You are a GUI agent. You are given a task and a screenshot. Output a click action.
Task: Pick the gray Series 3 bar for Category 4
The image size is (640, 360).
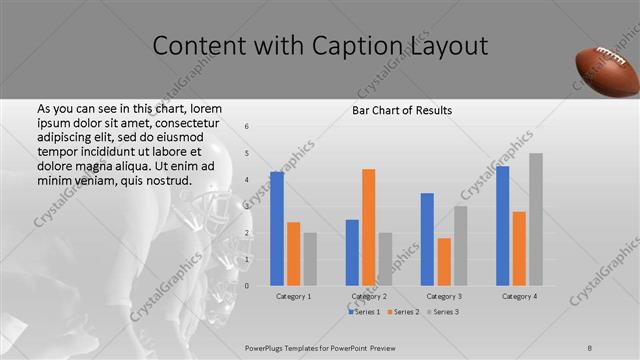536,219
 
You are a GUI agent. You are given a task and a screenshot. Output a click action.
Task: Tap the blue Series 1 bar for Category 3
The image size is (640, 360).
427,239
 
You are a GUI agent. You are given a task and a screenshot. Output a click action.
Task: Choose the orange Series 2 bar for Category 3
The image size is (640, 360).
444,261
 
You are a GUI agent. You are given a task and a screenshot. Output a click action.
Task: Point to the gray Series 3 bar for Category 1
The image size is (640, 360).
310,259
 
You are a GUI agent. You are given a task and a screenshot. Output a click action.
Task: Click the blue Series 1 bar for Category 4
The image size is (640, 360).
502,225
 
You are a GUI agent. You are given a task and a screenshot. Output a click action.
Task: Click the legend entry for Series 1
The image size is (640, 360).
364,313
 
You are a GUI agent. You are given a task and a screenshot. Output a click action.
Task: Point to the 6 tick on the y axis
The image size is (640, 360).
247,126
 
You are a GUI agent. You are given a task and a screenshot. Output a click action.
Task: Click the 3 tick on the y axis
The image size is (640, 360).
247,206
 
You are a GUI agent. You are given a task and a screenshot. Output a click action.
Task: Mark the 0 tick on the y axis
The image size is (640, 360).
247,286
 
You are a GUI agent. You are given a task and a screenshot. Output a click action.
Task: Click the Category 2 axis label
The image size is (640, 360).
369,296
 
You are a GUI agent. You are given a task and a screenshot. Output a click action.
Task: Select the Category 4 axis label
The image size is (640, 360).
519,296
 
